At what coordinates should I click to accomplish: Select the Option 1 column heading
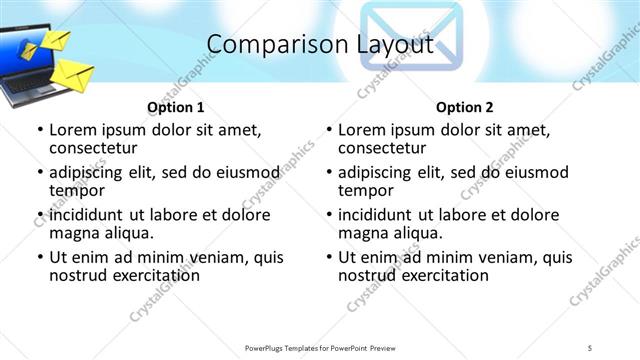175,106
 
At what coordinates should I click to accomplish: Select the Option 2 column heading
464,106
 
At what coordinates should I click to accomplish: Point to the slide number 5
590,347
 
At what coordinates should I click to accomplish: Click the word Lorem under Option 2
361,129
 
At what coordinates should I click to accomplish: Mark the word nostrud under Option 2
368,275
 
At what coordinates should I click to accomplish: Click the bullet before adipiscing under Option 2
329,173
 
